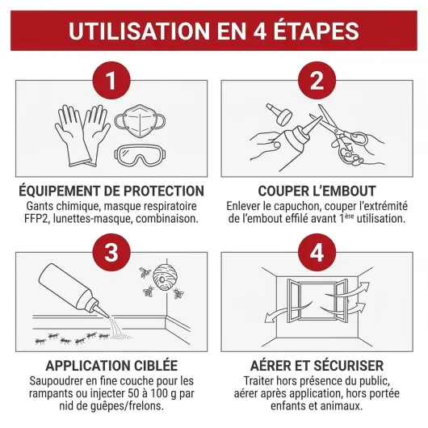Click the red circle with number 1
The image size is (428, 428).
point(111,81)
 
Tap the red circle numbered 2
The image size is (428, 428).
point(317,81)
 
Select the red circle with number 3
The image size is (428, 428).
point(111,253)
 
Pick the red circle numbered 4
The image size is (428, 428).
point(317,253)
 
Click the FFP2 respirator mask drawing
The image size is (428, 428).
point(140,120)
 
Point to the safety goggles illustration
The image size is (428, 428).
point(140,156)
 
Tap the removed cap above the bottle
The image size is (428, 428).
point(279,114)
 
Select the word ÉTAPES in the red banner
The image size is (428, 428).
point(316,31)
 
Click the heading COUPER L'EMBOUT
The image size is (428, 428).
point(317,191)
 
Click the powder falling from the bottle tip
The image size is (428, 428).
point(118,328)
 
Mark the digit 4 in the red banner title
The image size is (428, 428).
point(258,31)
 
